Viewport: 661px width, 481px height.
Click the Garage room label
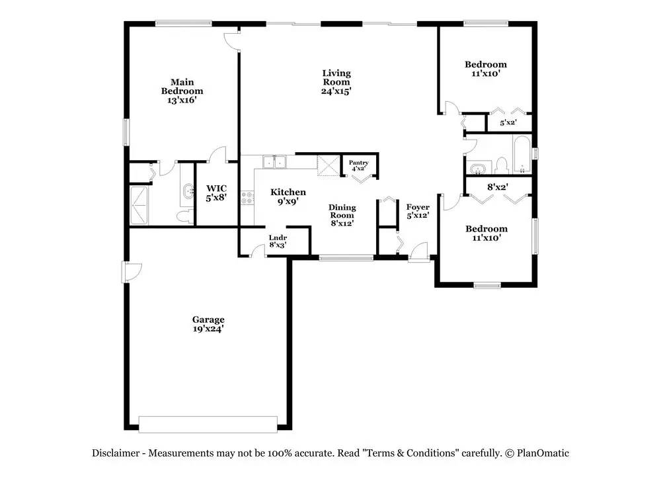click(x=208, y=324)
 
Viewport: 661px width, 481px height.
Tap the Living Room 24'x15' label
click(x=336, y=82)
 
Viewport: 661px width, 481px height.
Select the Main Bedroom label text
click(x=182, y=91)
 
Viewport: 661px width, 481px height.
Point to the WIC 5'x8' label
click(x=216, y=193)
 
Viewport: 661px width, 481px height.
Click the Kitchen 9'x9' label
click(x=288, y=197)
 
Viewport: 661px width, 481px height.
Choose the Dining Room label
click(x=342, y=215)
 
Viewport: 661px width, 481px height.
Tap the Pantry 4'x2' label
click(x=358, y=165)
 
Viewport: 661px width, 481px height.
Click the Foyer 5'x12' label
click(x=418, y=211)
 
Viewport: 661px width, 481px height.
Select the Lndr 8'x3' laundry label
click(x=278, y=241)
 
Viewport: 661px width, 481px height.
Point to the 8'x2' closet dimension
click(x=498, y=187)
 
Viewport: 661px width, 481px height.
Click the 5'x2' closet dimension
click(x=508, y=123)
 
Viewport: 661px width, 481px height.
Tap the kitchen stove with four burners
click(x=247, y=198)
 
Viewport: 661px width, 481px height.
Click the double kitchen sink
click(x=274, y=161)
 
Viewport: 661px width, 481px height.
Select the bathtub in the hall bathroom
click(x=522, y=154)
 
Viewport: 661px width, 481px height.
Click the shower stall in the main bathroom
click(x=139, y=205)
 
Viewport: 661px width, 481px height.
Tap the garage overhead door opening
click(x=208, y=424)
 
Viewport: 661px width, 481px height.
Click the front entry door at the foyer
click(x=419, y=252)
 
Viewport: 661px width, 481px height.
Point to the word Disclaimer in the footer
click(x=116, y=453)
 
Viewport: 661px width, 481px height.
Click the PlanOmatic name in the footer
click(x=543, y=453)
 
